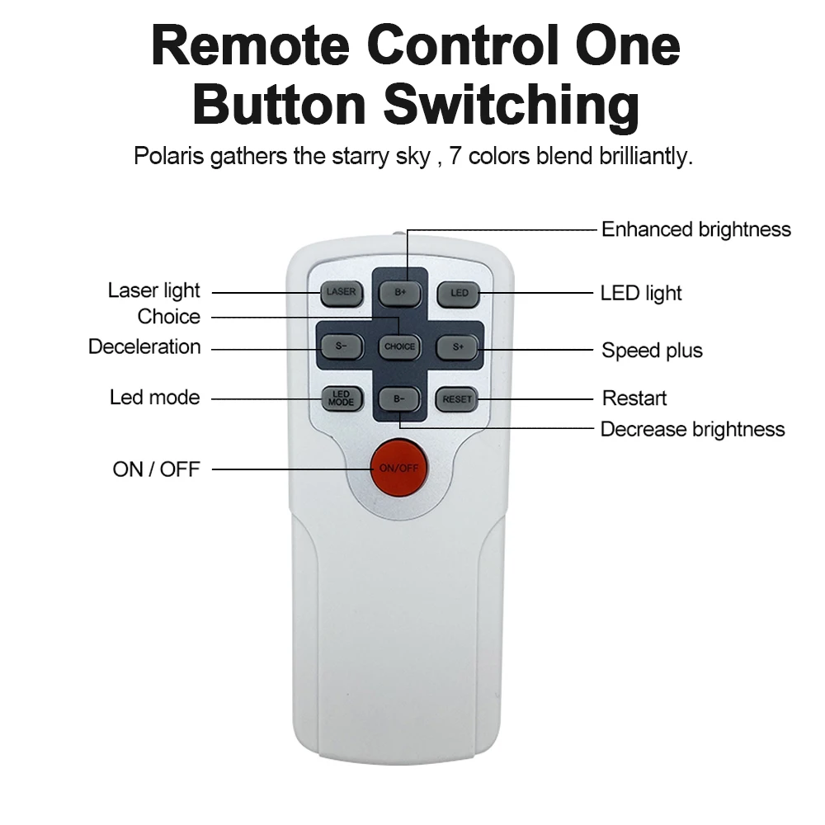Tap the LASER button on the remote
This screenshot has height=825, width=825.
click(x=341, y=292)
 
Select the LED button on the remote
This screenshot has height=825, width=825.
click(x=459, y=292)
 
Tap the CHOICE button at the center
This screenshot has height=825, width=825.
click(x=399, y=346)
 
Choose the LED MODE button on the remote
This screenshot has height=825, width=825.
click(x=341, y=399)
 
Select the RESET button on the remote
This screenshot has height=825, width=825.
click(x=458, y=399)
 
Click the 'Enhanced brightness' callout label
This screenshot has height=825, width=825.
click(x=695, y=229)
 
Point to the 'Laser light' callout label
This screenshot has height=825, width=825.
click(x=153, y=290)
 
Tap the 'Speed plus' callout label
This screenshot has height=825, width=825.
click(x=652, y=351)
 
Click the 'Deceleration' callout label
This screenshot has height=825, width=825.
click(x=144, y=346)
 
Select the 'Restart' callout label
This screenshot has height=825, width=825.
click(x=634, y=398)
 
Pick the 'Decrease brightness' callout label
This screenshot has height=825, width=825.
click(x=692, y=429)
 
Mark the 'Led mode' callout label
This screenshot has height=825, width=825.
click(x=154, y=398)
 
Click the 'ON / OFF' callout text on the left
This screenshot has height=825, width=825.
click(x=156, y=469)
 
